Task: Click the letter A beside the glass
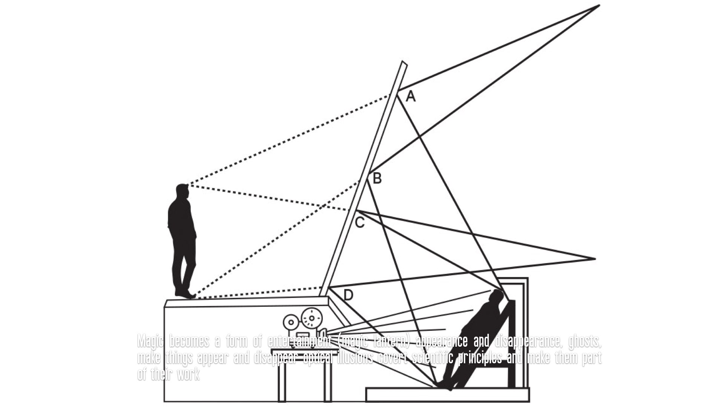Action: (411, 97)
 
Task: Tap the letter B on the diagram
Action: (377, 178)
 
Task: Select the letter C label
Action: (360, 223)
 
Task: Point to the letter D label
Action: (348, 295)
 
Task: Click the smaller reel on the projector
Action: (291, 323)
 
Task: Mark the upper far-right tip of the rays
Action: (599, 5)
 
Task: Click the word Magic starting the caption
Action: (150, 341)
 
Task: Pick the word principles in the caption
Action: (480, 358)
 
